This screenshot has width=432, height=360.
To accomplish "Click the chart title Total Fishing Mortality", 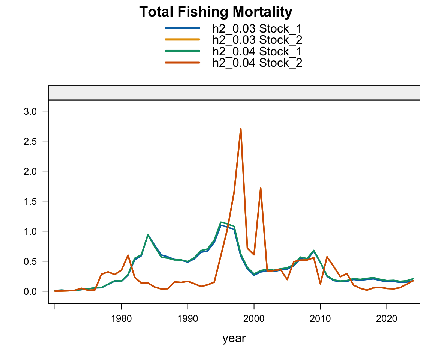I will pos(216,12).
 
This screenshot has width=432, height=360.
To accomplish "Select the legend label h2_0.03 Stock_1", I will pos(257,28).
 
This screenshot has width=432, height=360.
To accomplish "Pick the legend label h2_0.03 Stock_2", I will pos(257,40).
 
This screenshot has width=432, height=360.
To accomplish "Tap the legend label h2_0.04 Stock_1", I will pos(257,51).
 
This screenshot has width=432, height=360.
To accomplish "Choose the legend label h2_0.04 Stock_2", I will pos(257,63).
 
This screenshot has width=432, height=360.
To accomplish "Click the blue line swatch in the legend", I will pos(182,28).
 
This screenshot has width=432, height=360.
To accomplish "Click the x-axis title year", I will pos(234,339).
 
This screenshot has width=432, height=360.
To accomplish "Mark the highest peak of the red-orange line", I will pos(240,129).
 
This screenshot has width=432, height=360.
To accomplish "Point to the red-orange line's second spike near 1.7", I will pos(260,188).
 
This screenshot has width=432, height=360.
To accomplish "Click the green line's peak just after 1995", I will pos(221,222).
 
